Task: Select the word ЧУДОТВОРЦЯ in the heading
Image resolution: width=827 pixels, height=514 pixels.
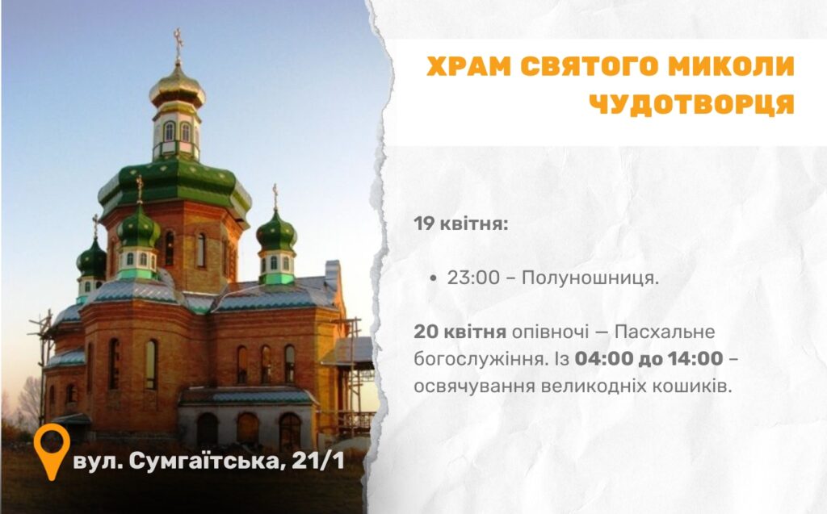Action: pos(691,103)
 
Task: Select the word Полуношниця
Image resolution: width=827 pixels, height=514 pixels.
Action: pos(590,278)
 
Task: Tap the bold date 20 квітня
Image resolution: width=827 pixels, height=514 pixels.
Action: pos(460,332)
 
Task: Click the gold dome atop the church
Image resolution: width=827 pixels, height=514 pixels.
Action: pos(177,89)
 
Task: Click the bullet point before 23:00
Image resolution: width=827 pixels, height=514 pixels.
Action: pos(433,278)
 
